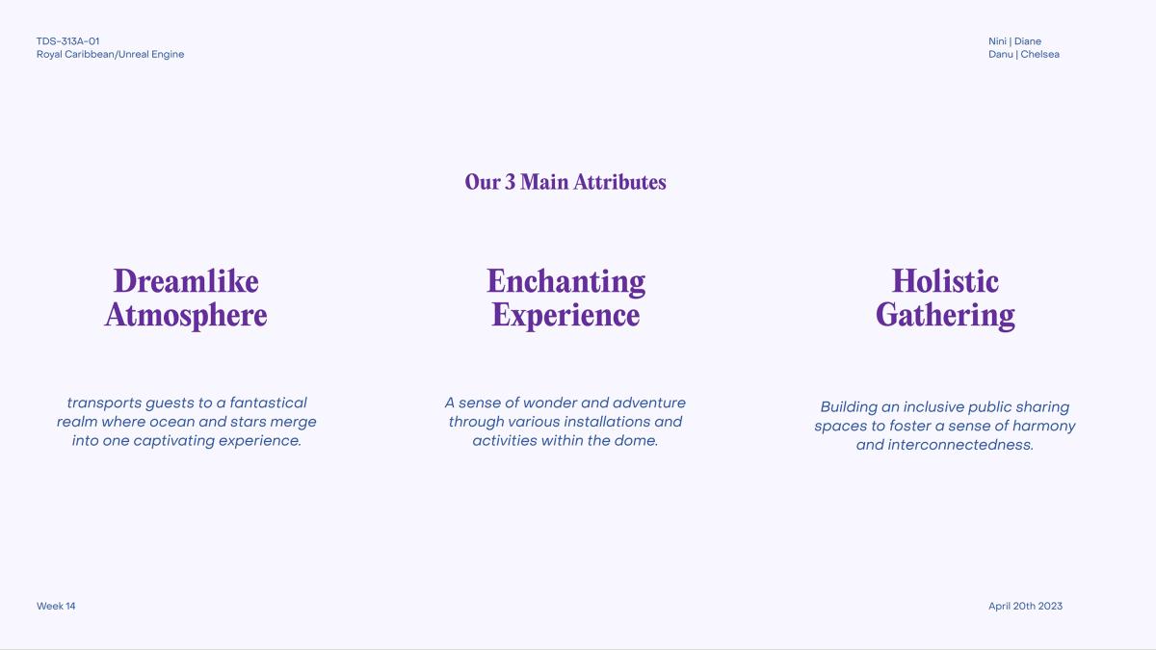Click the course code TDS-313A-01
67,41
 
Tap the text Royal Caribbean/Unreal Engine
110,55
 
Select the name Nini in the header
997,41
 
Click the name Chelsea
1039,54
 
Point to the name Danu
1000,54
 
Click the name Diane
1028,41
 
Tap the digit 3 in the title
510,182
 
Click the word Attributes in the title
619,182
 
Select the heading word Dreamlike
186,281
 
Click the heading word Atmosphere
186,315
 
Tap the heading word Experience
565,316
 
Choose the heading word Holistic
945,281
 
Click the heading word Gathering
945,316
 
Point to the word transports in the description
104,403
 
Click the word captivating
174,441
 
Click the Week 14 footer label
56,606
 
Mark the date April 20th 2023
1025,606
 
